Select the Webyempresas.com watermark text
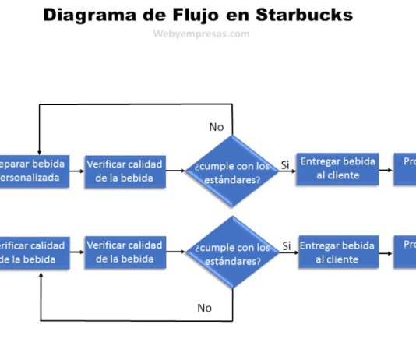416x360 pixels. pos(202,34)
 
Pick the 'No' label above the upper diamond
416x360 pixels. pos(216,126)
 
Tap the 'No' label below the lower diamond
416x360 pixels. pos(204,308)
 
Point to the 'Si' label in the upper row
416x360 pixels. pos(285,164)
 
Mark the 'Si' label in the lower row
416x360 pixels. pos(286,246)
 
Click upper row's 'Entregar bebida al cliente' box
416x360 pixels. pos(338,168)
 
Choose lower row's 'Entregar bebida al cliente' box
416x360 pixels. pos(338,252)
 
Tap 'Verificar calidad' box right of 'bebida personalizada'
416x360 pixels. pos(125,170)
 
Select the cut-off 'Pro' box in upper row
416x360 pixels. pos(404,168)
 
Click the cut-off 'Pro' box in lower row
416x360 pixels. pos(404,252)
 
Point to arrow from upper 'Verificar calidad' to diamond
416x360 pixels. pos(176,171)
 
